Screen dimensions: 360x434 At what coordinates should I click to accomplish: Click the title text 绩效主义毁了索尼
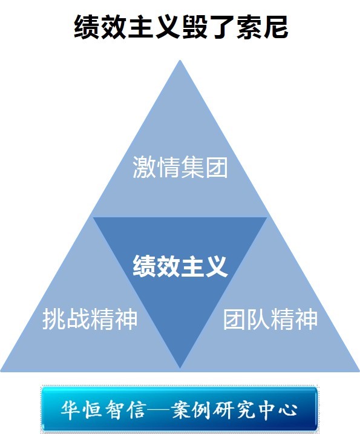pyautogui.click(x=181, y=27)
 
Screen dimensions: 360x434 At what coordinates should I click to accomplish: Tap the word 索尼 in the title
pyautogui.click(x=262, y=27)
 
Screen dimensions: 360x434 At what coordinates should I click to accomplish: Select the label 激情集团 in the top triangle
pyautogui.click(x=180, y=167)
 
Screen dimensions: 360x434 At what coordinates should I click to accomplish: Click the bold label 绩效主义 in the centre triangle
pyautogui.click(x=180, y=266)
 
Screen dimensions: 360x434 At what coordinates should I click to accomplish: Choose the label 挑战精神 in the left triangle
pyautogui.click(x=90, y=319)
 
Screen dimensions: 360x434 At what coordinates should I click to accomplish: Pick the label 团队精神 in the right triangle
pyautogui.click(x=270, y=319)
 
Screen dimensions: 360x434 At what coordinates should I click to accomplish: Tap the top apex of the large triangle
pyautogui.click(x=180, y=61)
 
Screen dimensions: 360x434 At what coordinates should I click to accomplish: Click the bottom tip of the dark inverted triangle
pyautogui.click(x=180, y=368)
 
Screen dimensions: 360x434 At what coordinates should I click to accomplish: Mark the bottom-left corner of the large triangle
pyautogui.click(x=1, y=371)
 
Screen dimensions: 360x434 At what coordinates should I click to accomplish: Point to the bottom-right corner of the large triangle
pyautogui.click(x=359, y=371)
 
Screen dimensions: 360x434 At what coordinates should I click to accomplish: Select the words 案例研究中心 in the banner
pyautogui.click(x=234, y=410)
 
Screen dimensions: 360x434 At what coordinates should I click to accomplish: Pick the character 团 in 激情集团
pyautogui.click(x=217, y=167)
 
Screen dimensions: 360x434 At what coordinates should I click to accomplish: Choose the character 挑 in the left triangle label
pyautogui.click(x=54, y=319)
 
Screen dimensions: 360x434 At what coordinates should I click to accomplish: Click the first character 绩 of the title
pyautogui.click(x=87, y=27)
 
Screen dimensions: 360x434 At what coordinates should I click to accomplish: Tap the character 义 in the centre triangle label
pyautogui.click(x=217, y=266)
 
